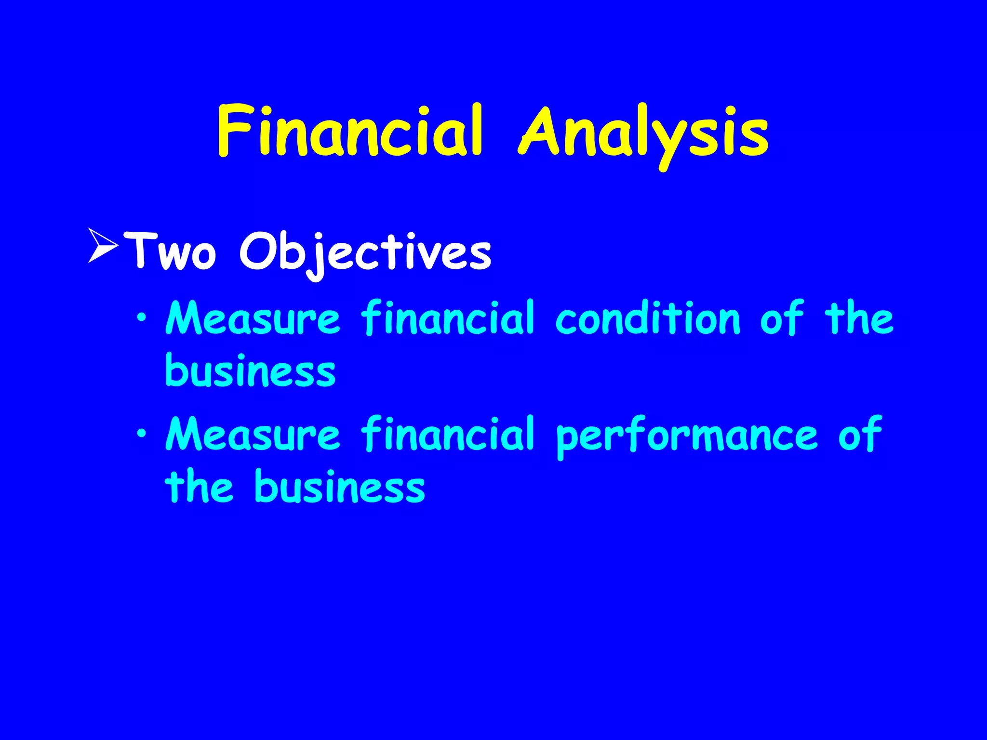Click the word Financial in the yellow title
[x=350, y=131]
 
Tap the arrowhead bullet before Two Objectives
[x=103, y=246]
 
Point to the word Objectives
[x=365, y=253]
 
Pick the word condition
[x=648, y=318]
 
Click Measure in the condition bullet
[x=253, y=318]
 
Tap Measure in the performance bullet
[x=253, y=434]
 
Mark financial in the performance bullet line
[x=448, y=433]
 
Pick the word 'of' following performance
[x=860, y=433]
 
